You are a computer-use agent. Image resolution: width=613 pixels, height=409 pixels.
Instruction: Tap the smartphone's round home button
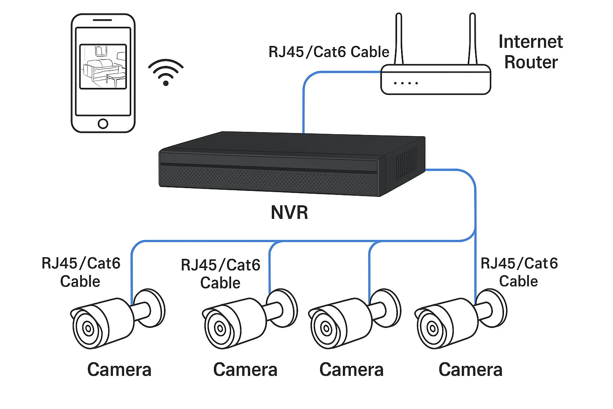[x=103, y=123]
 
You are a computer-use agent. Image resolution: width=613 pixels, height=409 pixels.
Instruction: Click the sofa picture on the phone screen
[x=103, y=67]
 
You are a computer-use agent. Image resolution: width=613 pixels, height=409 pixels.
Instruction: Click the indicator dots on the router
[x=405, y=83]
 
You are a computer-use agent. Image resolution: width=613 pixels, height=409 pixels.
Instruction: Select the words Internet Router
[x=530, y=52]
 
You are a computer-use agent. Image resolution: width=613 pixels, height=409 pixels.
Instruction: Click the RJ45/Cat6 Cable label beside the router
[x=328, y=52]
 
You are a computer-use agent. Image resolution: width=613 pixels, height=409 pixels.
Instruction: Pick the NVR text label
[x=289, y=212]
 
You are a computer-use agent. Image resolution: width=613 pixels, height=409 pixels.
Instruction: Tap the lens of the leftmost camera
[x=88, y=329]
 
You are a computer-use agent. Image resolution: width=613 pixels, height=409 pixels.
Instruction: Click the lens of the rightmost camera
[x=433, y=329]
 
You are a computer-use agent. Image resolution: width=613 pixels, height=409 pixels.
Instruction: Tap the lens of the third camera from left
[x=326, y=329]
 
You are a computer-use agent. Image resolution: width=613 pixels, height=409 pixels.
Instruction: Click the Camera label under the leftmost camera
[x=119, y=369]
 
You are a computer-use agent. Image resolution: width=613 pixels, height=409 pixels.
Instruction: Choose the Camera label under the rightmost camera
[x=470, y=369]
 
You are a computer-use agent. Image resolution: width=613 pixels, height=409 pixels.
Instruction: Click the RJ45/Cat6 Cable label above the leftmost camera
[x=81, y=272]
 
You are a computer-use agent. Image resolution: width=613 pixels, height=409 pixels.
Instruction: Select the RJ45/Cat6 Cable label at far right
[x=519, y=272]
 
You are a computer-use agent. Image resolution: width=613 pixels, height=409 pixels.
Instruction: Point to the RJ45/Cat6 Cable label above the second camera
[x=220, y=274]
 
